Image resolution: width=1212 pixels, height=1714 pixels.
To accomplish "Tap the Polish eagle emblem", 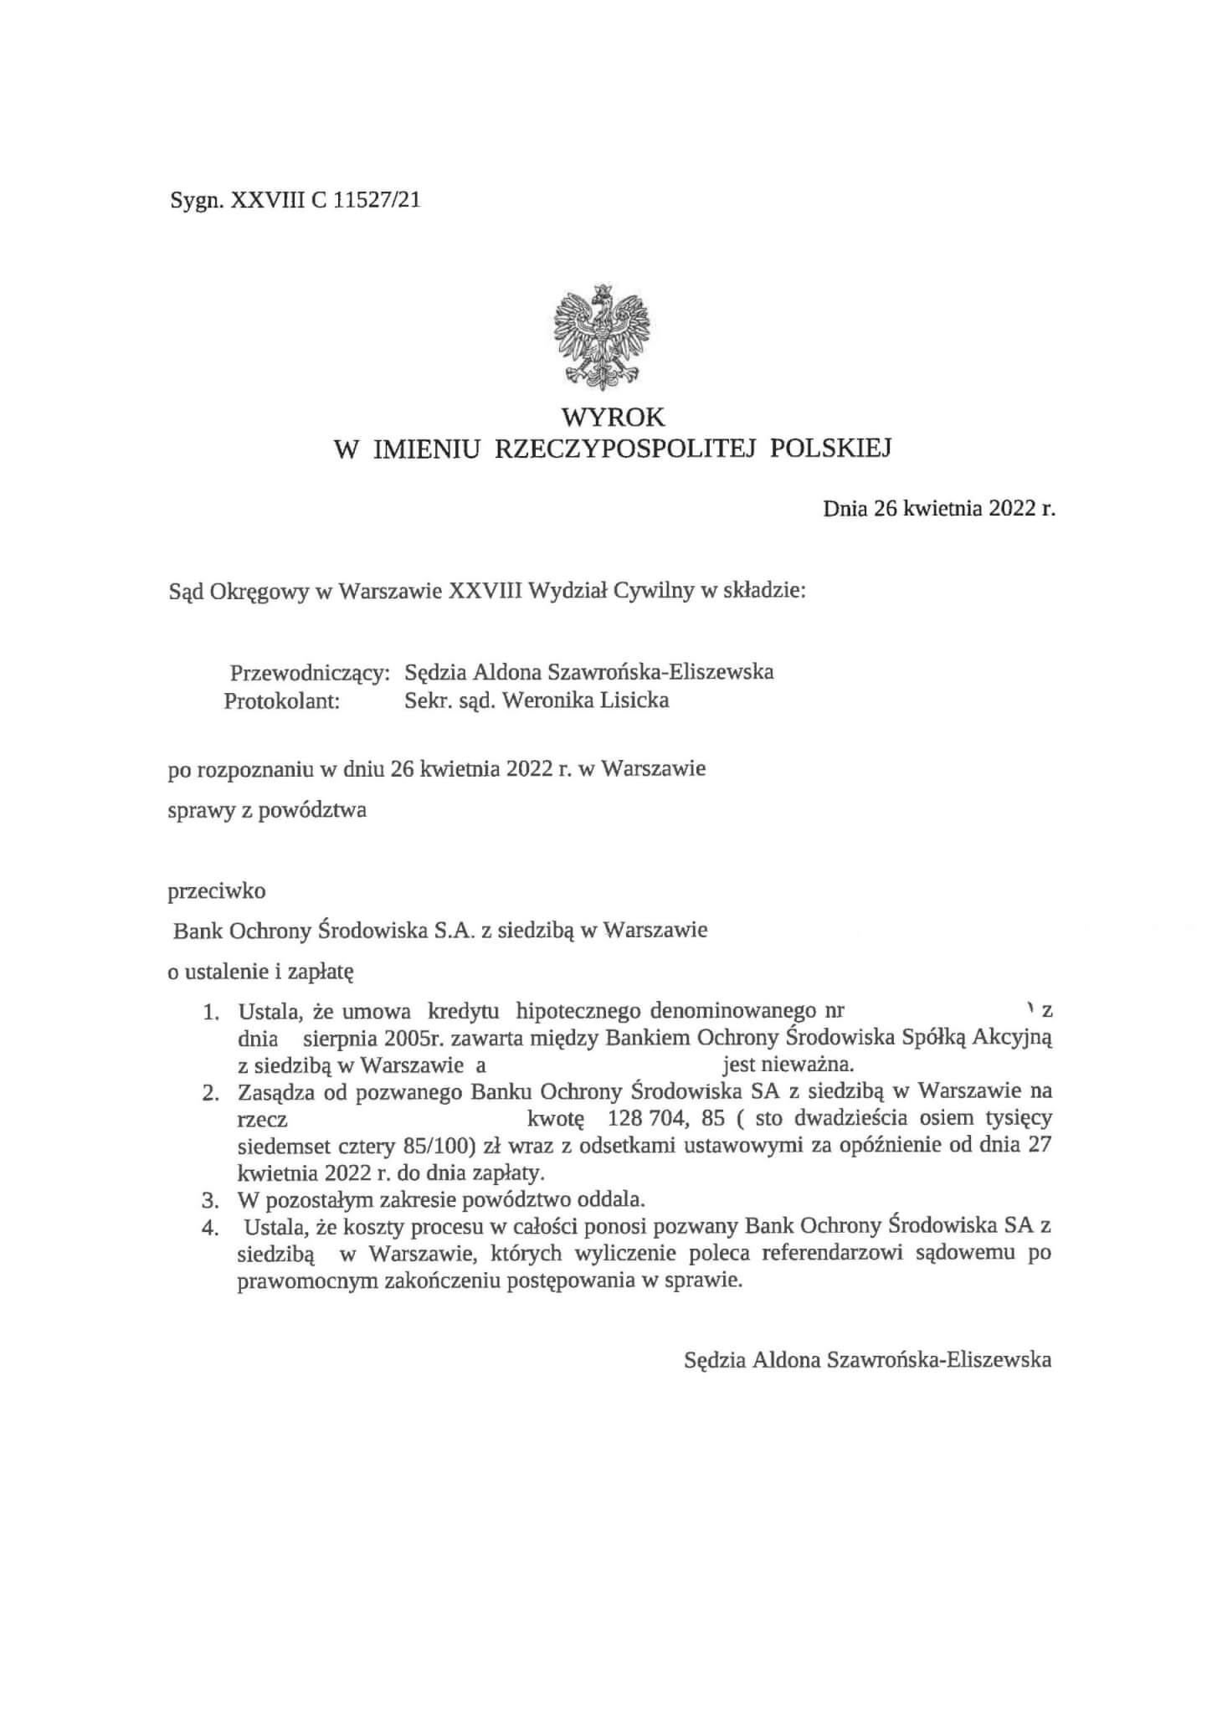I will [x=602, y=334].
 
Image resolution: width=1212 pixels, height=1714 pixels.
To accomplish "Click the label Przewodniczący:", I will [x=310, y=672].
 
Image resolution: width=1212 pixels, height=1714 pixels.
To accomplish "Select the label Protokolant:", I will [x=281, y=701].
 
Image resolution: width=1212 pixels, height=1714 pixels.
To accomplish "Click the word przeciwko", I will [x=217, y=890].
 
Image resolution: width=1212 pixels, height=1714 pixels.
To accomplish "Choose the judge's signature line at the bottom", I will [x=868, y=1360].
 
